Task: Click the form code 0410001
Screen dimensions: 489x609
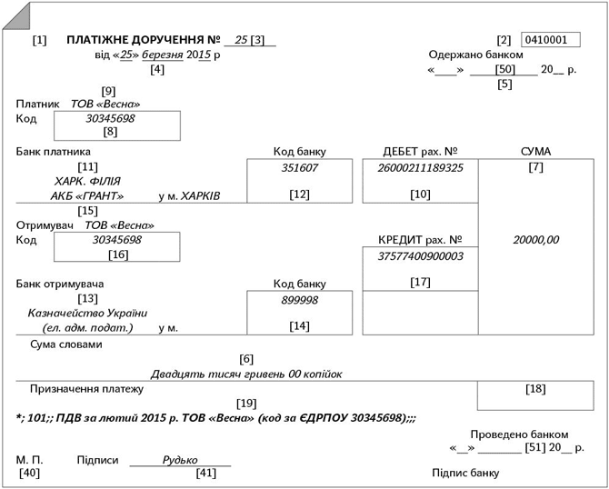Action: [x=551, y=40]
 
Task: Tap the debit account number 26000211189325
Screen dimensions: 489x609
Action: [x=420, y=168]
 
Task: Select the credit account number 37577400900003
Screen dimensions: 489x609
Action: [x=420, y=256]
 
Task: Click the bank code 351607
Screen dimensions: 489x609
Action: [x=300, y=168]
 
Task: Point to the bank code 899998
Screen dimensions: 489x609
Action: [x=300, y=300]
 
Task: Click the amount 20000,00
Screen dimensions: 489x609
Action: [x=535, y=240]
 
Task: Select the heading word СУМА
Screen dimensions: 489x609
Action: [x=535, y=151]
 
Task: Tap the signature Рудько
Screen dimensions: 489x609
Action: [x=180, y=460]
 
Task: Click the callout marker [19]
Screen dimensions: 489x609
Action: [x=245, y=403]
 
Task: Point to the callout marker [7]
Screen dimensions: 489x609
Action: [x=535, y=168]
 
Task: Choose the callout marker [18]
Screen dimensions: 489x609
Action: [x=535, y=389]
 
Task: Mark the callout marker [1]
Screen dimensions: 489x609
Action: [x=39, y=41]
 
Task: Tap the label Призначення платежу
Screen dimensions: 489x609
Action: [x=86, y=389]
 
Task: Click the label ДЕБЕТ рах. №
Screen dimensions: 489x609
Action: [x=419, y=151]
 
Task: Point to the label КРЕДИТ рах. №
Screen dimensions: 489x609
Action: [x=419, y=239]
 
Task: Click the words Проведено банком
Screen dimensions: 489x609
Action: [x=519, y=434]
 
